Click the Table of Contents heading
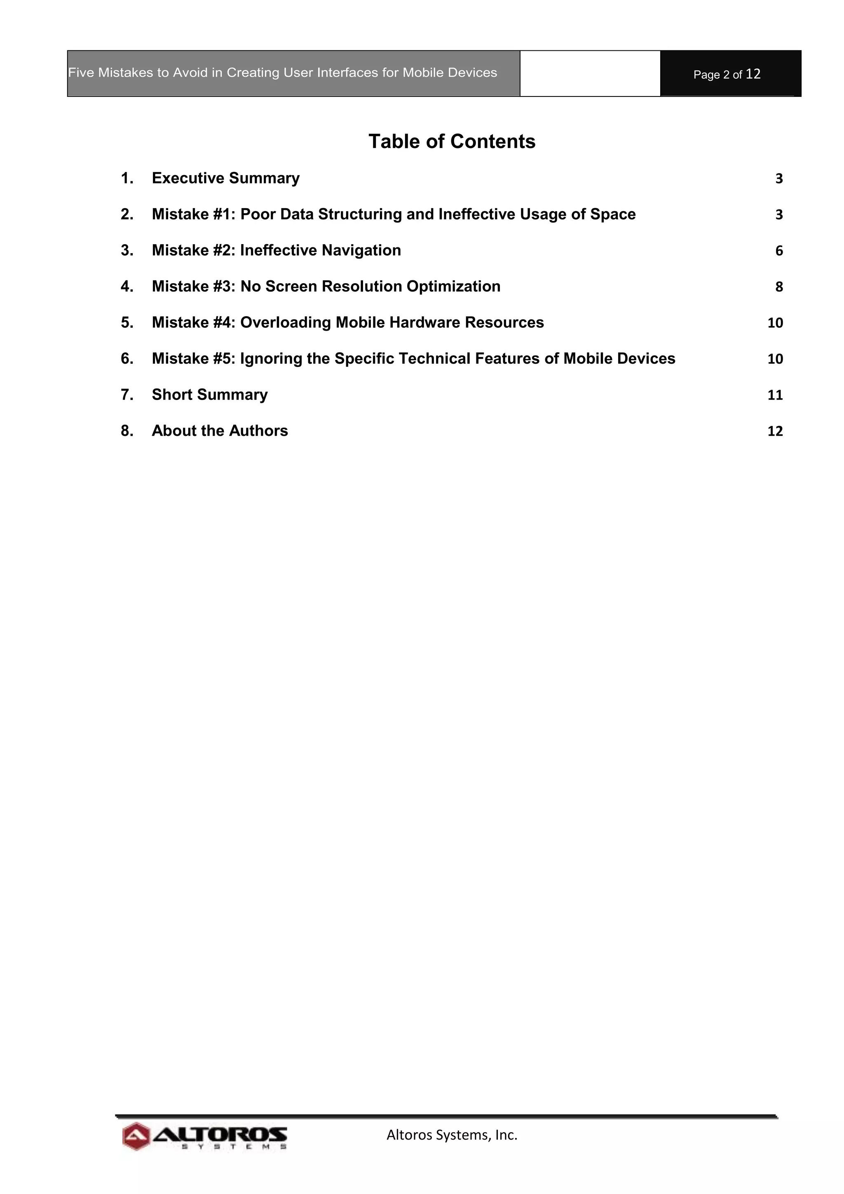452,141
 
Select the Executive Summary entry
225,179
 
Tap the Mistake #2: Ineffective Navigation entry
276,251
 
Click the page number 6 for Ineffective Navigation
778,251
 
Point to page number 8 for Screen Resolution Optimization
778,287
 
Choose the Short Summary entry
209,395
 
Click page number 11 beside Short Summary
775,395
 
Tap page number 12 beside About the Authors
775,431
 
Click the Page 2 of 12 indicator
727,74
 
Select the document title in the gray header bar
283,73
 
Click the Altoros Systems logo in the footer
205,1137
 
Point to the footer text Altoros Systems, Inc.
452,1135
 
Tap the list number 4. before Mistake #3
127,287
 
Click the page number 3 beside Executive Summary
778,179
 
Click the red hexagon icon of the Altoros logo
136,1137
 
